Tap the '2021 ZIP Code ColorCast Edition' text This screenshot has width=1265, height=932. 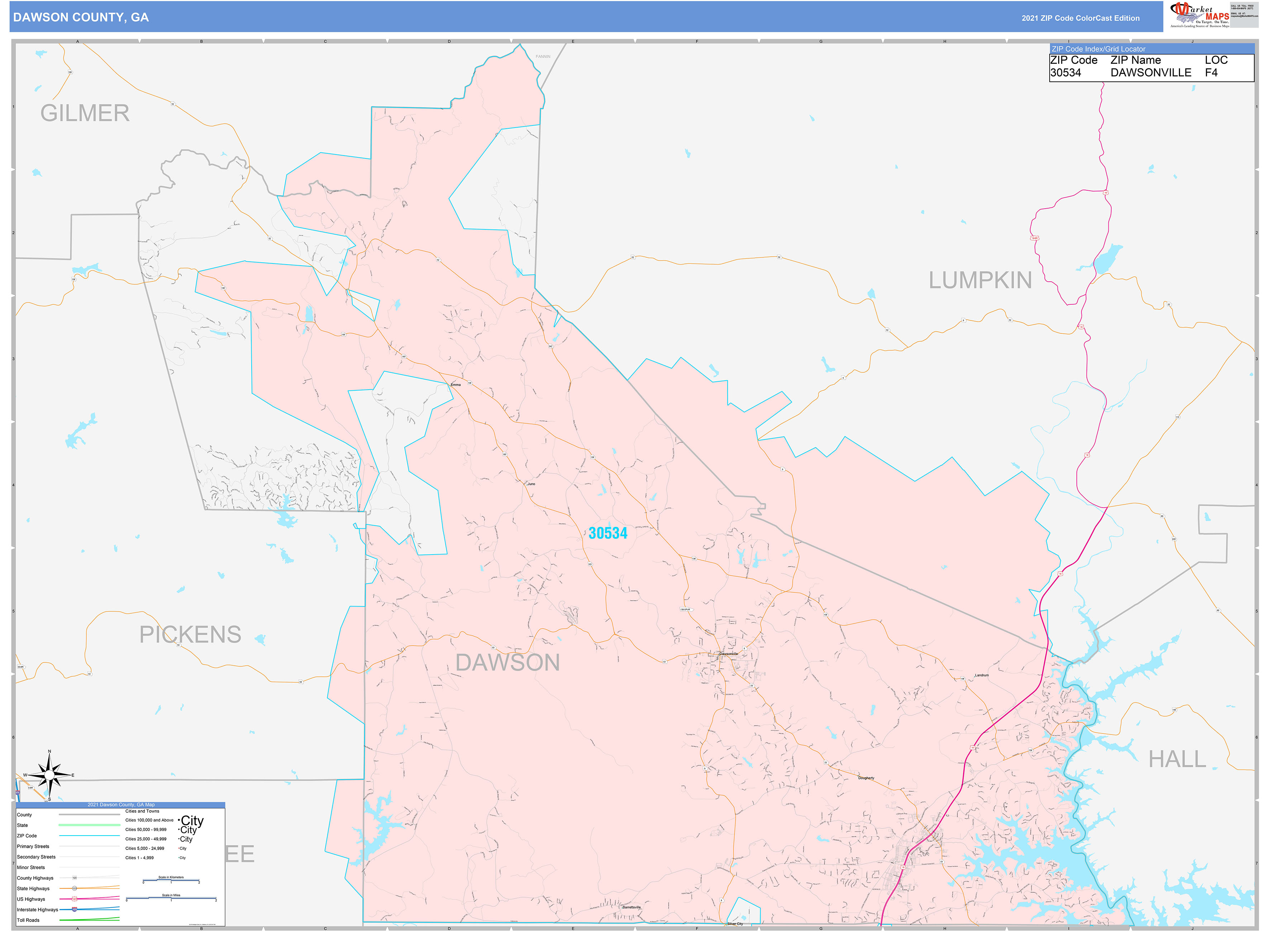[x=1080, y=18]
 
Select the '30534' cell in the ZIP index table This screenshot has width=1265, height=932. [x=1065, y=73]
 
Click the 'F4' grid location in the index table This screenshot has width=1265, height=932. [x=1211, y=73]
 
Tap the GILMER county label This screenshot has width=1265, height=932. [x=85, y=113]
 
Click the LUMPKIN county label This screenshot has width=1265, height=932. [x=980, y=280]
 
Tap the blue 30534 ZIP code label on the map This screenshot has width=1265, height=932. [x=608, y=533]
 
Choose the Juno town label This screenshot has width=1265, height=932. [x=531, y=484]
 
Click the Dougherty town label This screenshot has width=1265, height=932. [x=866, y=778]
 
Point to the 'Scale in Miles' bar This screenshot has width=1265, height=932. [x=171, y=898]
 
